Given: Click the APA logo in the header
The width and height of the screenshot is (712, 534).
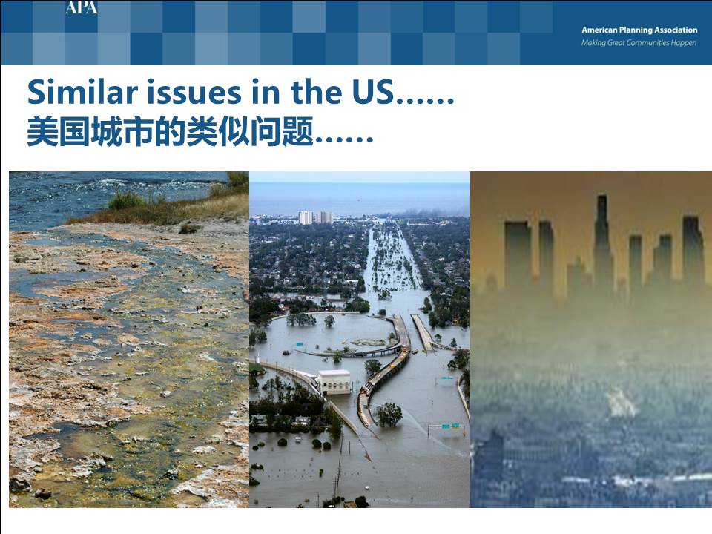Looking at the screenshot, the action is click(82, 7).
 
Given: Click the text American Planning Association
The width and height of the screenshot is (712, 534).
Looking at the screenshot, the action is click(639, 30).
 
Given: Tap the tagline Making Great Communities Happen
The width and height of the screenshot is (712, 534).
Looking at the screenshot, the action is click(639, 43).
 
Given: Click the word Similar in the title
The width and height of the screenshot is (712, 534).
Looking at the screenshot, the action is click(82, 92).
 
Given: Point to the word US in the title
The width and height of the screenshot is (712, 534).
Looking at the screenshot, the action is click(372, 92).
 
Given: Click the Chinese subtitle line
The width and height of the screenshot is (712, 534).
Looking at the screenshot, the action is click(200, 131).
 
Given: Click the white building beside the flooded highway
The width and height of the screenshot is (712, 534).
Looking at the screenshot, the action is click(334, 382).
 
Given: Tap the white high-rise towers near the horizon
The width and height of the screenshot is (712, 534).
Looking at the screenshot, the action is click(316, 217).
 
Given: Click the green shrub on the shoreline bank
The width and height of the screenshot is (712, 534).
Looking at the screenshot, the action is click(126, 200).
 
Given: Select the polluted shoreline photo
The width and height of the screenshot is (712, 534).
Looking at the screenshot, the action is click(129, 339).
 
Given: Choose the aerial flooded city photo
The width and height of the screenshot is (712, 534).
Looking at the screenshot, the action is click(360, 339).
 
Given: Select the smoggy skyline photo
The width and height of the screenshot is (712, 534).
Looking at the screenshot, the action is click(591, 339).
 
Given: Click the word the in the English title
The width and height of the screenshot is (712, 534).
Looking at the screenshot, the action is click(316, 92).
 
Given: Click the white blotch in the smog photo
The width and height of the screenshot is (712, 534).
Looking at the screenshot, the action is click(621, 403).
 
